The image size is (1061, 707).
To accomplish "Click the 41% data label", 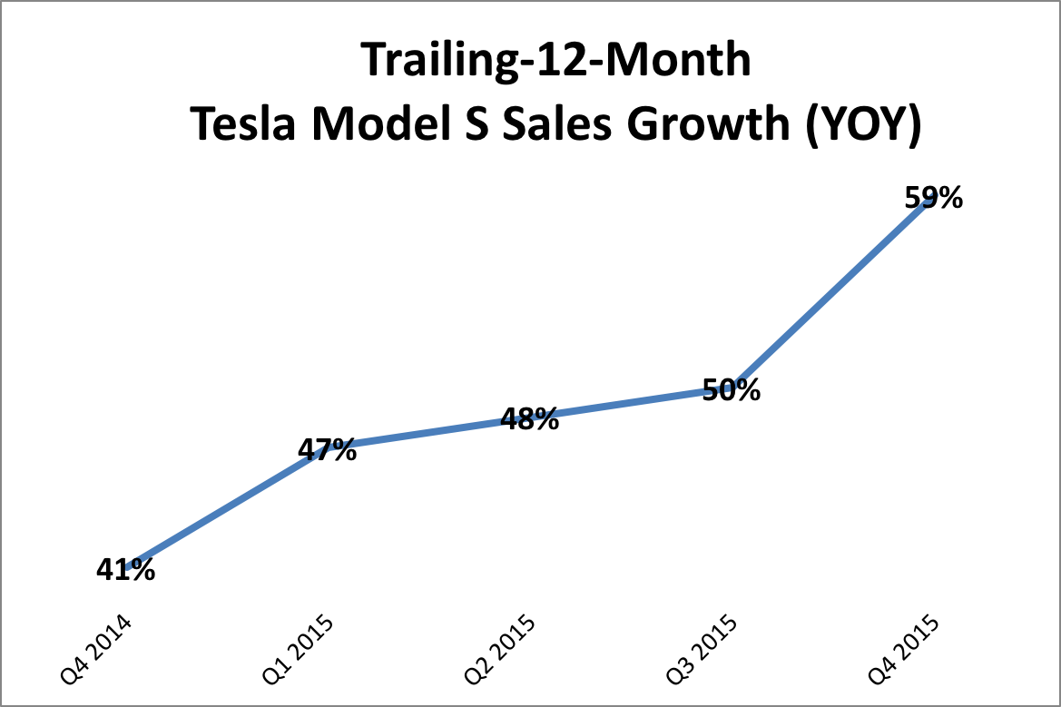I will click(125, 570).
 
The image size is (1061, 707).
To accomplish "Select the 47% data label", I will click(328, 450).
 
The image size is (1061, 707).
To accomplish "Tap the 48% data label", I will click(530, 419).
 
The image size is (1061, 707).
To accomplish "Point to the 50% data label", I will click(732, 391).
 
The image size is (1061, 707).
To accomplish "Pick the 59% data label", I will click(934, 198).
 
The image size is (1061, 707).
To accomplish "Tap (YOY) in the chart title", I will click(861, 125).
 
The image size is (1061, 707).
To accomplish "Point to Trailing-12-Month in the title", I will click(556, 62).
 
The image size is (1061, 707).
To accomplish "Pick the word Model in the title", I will click(372, 125).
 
